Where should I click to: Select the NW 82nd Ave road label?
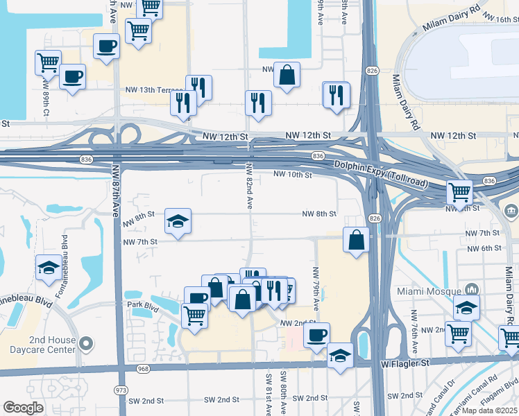coord(249,185)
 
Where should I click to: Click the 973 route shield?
coord(121,390)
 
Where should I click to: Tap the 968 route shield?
coord(143,368)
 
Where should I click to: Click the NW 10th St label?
coord(293,175)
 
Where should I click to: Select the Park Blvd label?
coord(139,304)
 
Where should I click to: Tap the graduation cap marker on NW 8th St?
coord(178,222)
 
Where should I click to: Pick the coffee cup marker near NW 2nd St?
coord(316,336)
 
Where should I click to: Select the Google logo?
coord(24,408)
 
